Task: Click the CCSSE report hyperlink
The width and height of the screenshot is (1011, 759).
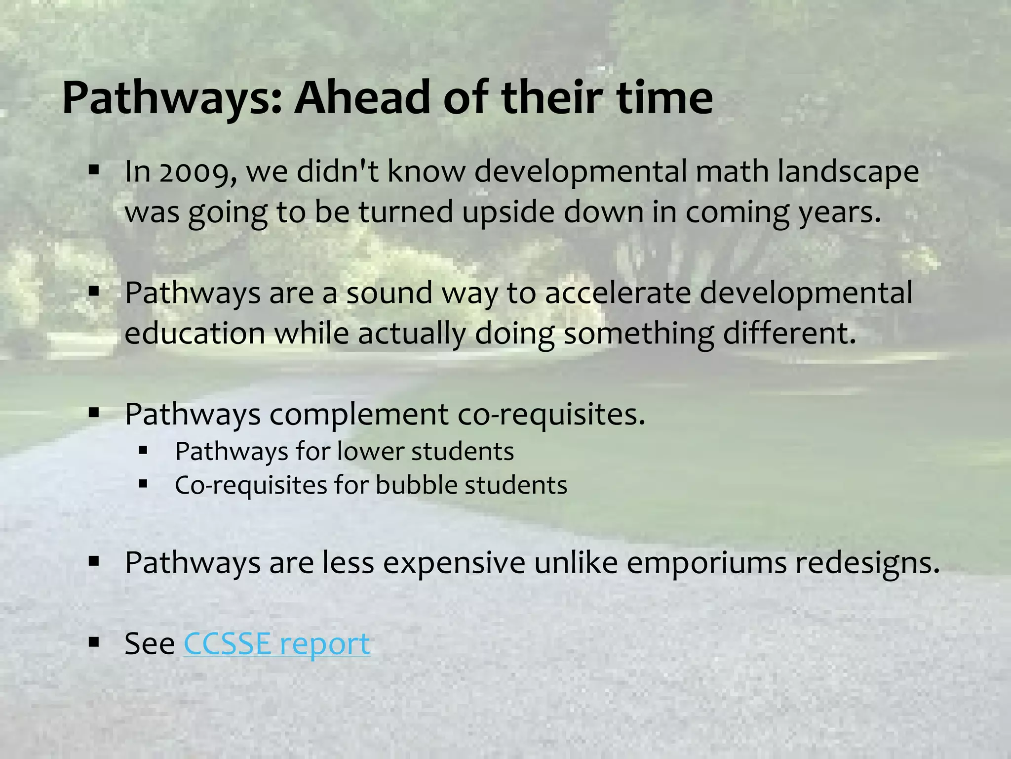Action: tap(276, 644)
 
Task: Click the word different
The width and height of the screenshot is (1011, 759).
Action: tap(789, 334)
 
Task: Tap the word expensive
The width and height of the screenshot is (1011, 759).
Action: tap(454, 563)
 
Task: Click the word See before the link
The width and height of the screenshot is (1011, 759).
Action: tap(150, 644)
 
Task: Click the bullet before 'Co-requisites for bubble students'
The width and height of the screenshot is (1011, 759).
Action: tap(143, 484)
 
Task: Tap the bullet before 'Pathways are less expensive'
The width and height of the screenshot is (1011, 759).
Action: tap(94, 562)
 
